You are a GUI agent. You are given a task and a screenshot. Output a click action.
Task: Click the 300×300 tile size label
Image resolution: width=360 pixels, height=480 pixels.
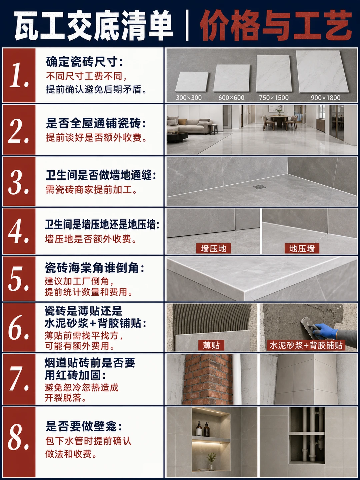[189, 98]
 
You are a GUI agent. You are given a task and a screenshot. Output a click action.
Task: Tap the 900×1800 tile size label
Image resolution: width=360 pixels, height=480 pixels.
[326, 98]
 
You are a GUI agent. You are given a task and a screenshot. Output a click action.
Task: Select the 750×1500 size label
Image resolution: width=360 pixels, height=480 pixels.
[274, 98]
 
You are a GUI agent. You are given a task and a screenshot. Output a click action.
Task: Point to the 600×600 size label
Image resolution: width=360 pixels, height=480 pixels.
[231, 98]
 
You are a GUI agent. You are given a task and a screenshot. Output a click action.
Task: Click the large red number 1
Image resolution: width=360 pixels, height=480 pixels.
[19, 75]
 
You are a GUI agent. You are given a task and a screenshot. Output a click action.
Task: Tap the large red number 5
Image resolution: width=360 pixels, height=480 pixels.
[19, 278]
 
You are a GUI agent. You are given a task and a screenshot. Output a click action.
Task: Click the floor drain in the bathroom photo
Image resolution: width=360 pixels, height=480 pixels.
[259, 187]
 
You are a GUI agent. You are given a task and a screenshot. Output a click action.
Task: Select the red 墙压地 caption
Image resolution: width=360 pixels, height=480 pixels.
[213, 248]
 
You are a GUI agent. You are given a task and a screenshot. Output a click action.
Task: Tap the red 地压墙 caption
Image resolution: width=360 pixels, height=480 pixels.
[302, 248]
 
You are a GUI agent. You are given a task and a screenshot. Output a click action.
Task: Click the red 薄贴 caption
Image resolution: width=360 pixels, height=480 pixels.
[211, 345]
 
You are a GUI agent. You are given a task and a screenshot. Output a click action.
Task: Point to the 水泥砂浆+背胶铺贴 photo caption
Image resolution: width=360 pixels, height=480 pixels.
[306, 345]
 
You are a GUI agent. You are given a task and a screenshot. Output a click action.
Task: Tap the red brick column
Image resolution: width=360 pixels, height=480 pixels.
[208, 379]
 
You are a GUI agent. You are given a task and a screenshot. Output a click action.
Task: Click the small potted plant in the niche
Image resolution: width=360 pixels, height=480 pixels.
[211, 461]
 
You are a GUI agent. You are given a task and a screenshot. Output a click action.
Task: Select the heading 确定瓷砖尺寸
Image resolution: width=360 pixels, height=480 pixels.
[84, 62]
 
